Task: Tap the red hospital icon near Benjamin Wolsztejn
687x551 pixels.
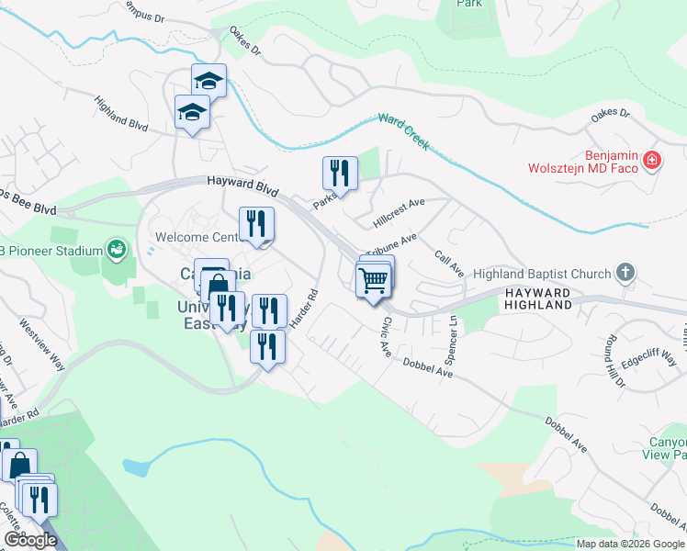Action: (x=652, y=161)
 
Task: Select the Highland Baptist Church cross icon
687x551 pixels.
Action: (x=625, y=272)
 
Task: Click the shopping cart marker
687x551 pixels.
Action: (x=375, y=279)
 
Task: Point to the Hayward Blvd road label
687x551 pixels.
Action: (x=242, y=186)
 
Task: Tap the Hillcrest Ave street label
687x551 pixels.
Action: (x=400, y=214)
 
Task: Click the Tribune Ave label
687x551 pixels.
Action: (x=391, y=243)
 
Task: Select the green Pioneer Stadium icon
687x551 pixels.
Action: (x=116, y=248)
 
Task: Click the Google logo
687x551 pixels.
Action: (x=30, y=540)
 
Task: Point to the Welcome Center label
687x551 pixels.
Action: (x=197, y=237)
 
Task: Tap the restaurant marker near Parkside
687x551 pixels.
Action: (x=339, y=173)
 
